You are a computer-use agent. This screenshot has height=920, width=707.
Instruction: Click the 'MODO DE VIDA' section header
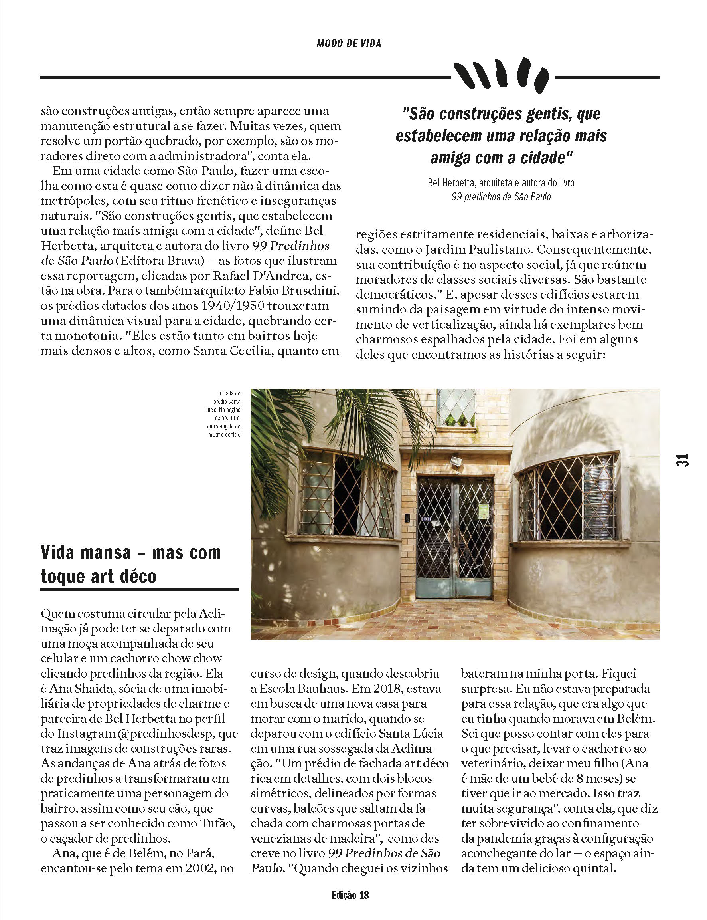(x=349, y=44)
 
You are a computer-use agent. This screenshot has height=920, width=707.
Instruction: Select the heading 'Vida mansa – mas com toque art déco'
(x=130, y=564)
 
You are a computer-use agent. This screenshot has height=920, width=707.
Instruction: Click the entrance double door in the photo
(x=454, y=536)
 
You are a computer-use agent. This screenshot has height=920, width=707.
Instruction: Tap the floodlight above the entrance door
(x=455, y=462)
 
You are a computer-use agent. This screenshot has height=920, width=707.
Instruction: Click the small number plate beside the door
(x=425, y=519)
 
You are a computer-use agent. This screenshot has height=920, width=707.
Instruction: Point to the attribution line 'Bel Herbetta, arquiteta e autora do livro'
(x=501, y=183)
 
